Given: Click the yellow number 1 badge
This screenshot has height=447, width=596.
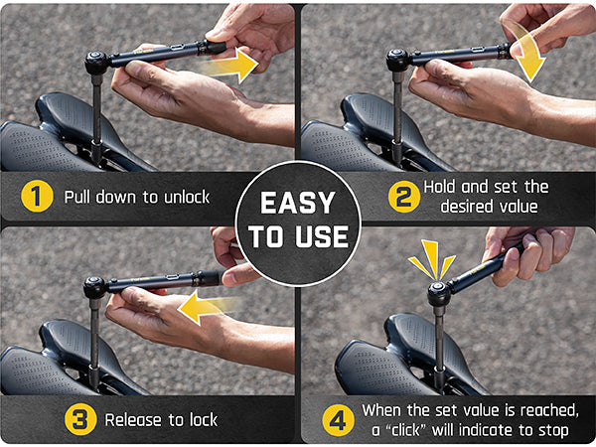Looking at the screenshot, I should click(x=37, y=196).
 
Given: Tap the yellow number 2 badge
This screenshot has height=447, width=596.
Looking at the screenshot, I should click(x=401, y=196).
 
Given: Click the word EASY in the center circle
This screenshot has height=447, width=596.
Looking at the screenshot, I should click(x=298, y=204).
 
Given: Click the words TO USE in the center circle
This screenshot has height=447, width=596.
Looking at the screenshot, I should click(x=298, y=236).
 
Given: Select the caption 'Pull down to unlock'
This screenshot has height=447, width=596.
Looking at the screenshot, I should click(x=137, y=197).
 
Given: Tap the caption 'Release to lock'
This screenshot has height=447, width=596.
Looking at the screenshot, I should click(x=161, y=419).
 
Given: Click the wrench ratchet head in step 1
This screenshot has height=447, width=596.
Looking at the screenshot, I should click(x=97, y=63).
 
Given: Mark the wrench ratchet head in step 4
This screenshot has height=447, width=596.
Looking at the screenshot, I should click(x=438, y=292).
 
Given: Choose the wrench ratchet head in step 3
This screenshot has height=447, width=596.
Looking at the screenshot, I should click(x=95, y=288).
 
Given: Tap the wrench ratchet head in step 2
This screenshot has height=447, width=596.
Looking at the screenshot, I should click(x=398, y=60).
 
